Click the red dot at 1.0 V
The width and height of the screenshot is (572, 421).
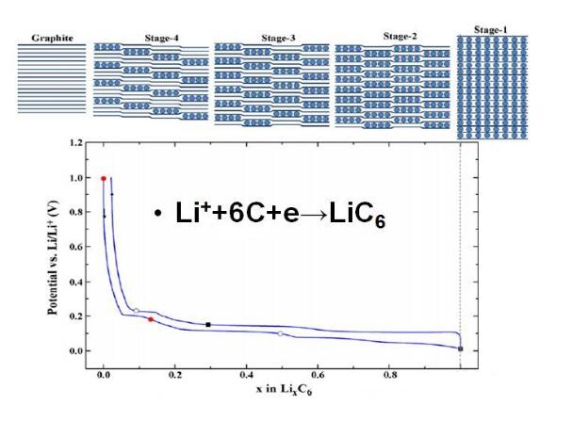104,178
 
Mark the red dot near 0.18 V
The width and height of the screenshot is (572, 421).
151,319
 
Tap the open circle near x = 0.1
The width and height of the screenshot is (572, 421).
137,310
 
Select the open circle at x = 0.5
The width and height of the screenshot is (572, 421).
280,333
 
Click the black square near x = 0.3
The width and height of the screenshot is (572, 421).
207,325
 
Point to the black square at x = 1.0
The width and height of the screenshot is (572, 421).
460,348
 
